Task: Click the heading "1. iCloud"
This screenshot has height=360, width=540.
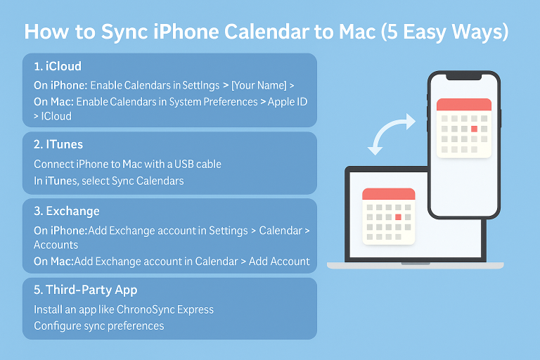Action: [x=58, y=67]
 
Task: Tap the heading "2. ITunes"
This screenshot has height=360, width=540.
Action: [x=58, y=144]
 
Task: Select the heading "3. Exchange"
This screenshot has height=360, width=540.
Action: [x=66, y=211]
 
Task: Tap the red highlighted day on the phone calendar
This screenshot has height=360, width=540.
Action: [x=474, y=129]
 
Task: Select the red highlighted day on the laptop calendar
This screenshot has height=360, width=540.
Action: [x=398, y=217]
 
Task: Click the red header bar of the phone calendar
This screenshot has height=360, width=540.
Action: [x=463, y=105]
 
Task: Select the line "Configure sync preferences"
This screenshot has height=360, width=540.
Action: [x=98, y=326]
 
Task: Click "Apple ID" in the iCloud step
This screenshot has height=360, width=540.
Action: [x=288, y=101]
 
